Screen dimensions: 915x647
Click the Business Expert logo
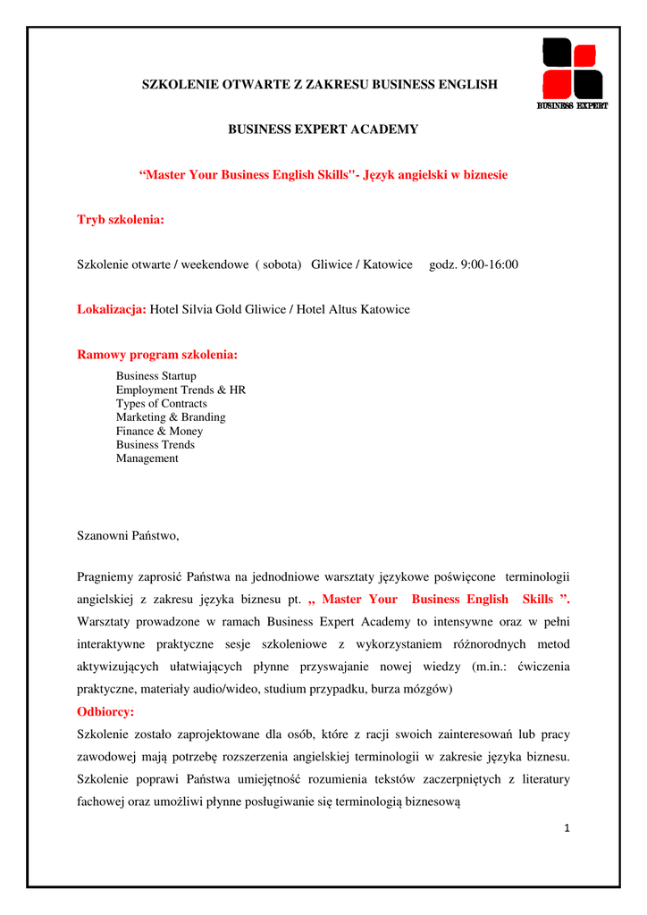(x=572, y=74)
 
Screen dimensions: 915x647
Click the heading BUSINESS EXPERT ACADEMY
(x=323, y=130)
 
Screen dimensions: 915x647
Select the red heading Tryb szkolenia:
(x=121, y=220)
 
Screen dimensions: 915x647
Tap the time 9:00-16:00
(x=488, y=264)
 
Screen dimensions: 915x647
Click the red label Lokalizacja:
(x=112, y=310)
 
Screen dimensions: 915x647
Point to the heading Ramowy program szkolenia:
(x=157, y=356)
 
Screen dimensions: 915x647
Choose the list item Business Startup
(x=156, y=376)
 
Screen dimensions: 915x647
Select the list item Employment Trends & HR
(x=181, y=390)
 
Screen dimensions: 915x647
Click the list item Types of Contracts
(x=161, y=404)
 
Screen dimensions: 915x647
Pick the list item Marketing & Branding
(x=171, y=417)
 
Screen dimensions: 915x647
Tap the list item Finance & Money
(x=159, y=431)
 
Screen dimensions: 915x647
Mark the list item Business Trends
(x=155, y=445)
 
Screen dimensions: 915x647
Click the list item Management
(x=147, y=458)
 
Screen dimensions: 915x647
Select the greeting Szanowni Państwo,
(x=128, y=536)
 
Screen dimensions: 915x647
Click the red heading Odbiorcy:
(x=105, y=712)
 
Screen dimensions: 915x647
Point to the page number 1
(x=566, y=828)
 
